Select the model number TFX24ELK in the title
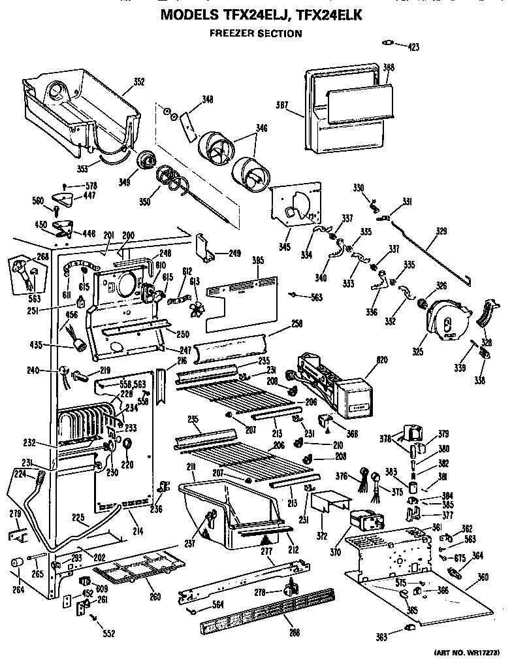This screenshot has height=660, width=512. [329, 14]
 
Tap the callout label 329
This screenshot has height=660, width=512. [441, 231]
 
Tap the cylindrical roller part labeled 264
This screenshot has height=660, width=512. [18, 563]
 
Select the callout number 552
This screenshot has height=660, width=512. [108, 634]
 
